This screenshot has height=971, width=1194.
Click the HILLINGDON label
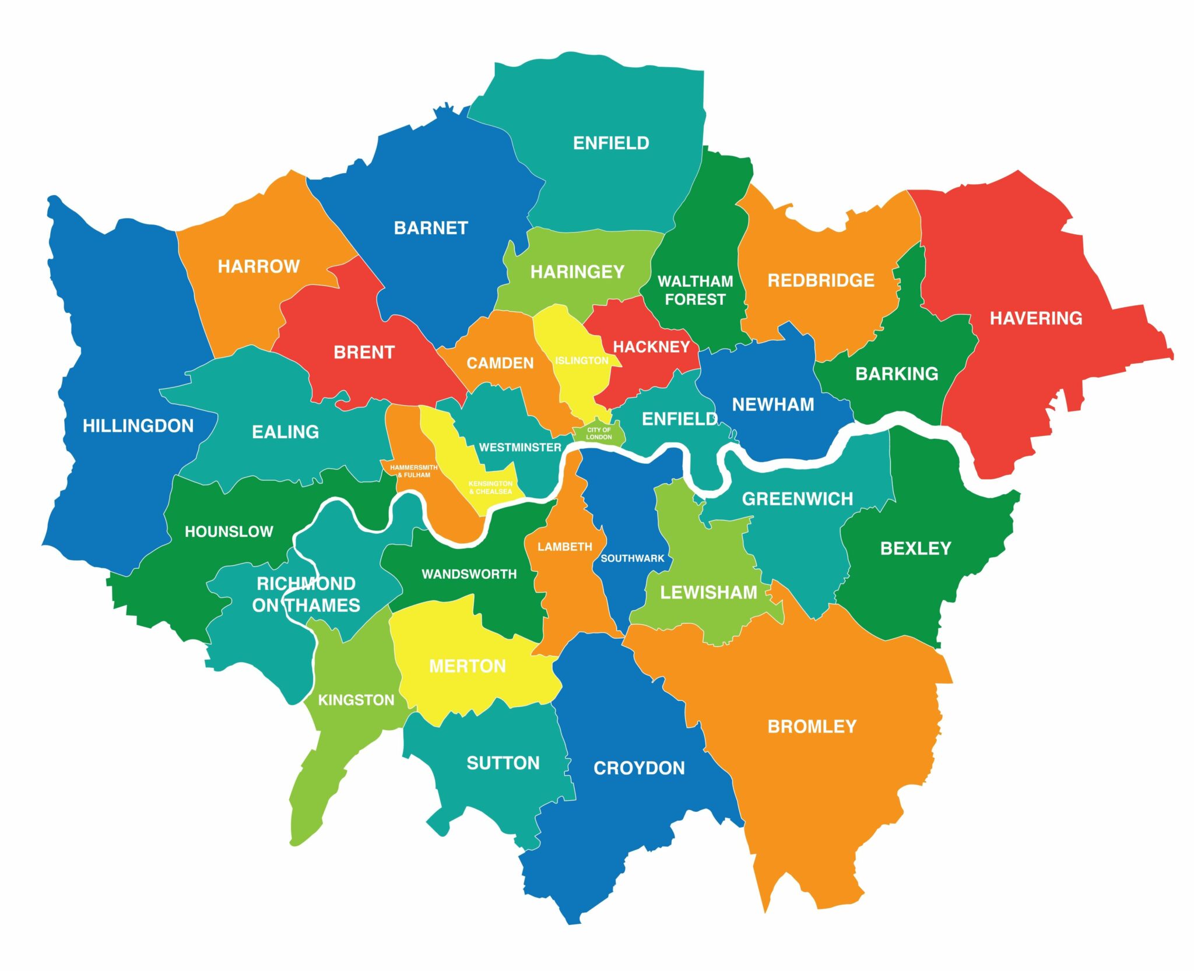click(138, 426)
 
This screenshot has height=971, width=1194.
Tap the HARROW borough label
click(258, 266)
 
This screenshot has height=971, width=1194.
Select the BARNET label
click(431, 228)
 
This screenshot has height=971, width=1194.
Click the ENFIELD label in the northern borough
click(611, 143)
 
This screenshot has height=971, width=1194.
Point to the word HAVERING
click(1036, 318)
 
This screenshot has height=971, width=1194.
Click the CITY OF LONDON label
click(599, 433)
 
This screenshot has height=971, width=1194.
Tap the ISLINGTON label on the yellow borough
click(581, 361)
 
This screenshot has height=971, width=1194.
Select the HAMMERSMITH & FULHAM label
click(413, 471)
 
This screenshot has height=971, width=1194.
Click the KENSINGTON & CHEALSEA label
click(490, 487)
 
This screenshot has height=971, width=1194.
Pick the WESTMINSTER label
click(520, 448)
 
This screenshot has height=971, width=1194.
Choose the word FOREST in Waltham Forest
click(695, 300)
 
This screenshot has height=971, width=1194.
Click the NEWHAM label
click(773, 404)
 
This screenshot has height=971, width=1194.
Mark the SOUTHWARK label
click(632, 558)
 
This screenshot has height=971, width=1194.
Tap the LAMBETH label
click(564, 547)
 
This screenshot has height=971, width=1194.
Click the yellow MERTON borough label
click(468, 666)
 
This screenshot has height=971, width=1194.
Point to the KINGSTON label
click(356, 700)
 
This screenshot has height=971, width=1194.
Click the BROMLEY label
click(812, 726)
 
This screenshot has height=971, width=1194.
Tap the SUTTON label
click(503, 763)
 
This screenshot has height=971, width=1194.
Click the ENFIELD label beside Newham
click(679, 419)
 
